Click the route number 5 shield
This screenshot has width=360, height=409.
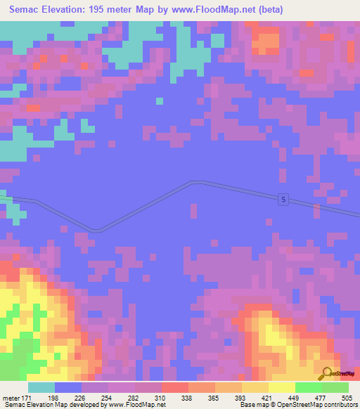(x=282, y=199)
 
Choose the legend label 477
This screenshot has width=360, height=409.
(x=326, y=398)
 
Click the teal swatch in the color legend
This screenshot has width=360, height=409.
(x=41, y=387)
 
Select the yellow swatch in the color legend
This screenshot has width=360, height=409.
(x=281, y=387)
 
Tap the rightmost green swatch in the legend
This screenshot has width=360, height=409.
(x=335, y=387)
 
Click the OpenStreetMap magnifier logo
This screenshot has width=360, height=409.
(x=326, y=373)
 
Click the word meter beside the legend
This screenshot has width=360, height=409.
(x=11, y=398)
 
